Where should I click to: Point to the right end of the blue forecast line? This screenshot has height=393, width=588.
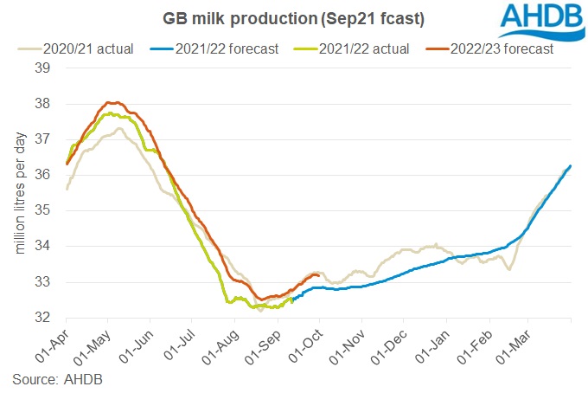(571, 165)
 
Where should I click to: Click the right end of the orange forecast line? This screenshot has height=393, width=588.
(319, 274)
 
